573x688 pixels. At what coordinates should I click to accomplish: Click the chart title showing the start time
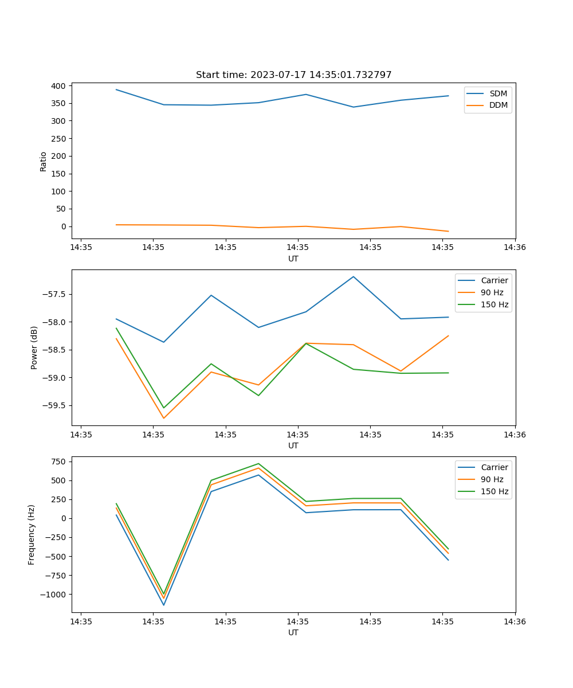tap(293, 75)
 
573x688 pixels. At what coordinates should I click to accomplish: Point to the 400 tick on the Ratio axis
tap(58, 86)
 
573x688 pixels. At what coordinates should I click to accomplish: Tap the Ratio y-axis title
tap(44, 162)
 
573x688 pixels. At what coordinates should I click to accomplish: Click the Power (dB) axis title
tap(34, 347)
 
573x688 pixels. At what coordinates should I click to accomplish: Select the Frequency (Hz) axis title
tap(32, 534)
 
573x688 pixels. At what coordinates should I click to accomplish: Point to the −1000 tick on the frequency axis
tap(52, 595)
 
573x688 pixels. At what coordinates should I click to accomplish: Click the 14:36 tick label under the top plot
tap(515, 248)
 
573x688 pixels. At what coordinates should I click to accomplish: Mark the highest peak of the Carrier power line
tap(354, 276)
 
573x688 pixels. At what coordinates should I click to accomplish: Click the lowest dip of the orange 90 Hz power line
tap(164, 418)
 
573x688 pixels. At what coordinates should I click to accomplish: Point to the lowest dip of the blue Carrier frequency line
tap(164, 605)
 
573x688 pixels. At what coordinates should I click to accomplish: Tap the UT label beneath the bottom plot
tap(293, 632)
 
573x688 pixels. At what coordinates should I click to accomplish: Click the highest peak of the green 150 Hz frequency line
tap(258, 463)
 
